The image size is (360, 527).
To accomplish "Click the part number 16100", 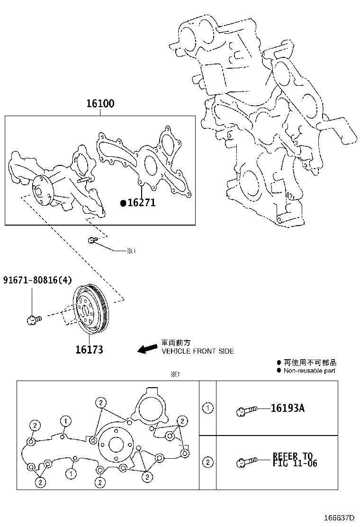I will coord(100,103).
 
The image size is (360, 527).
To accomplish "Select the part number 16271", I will coord(141,203).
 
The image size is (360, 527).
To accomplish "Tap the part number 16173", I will coord(89,350).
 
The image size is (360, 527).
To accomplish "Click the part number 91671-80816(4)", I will coord(37,280).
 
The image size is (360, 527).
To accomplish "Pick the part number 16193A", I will coord(288,409).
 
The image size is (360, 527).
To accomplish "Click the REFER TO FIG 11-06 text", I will coord(295,460).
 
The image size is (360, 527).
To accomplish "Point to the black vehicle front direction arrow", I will coord(147,348).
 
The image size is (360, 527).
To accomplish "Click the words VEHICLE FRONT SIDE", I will coord(198,351).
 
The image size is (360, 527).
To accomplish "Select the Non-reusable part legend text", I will coord(309,371).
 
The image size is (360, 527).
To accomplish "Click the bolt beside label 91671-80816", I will coord(35,320).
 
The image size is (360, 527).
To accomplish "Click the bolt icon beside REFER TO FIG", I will coord(246,461).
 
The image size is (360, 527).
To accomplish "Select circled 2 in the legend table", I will coord(207,462).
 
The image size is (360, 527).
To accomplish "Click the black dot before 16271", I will coord(123,203).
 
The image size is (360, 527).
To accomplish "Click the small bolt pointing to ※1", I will coord(92,241).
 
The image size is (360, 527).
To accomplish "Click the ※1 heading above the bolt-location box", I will coord(176,374).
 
